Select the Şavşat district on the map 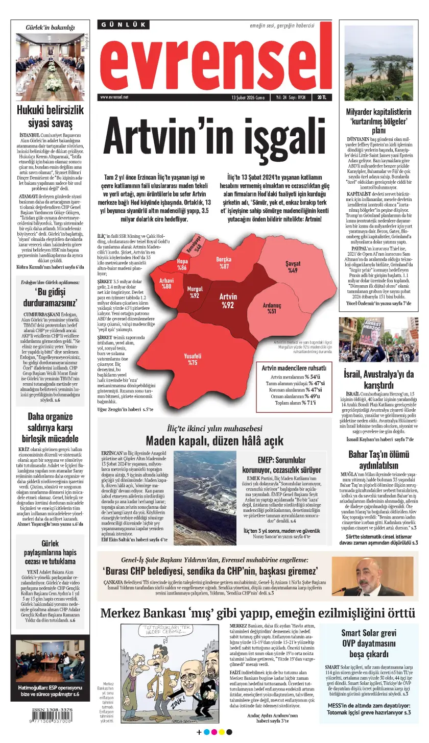pyautogui.click(x=292, y=267)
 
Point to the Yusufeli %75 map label pyautogui.click(x=192, y=359)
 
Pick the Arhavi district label pyautogui.click(x=166, y=283)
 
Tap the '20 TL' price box pyautogui.click(x=322, y=97)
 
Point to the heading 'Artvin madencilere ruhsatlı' pyautogui.click(x=294, y=368)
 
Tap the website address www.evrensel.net pyautogui.click(x=114, y=97)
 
